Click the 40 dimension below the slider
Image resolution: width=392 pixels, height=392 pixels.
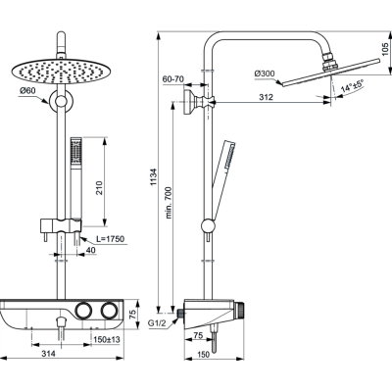(90, 251)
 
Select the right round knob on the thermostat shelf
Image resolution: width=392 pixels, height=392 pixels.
(111, 311)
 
